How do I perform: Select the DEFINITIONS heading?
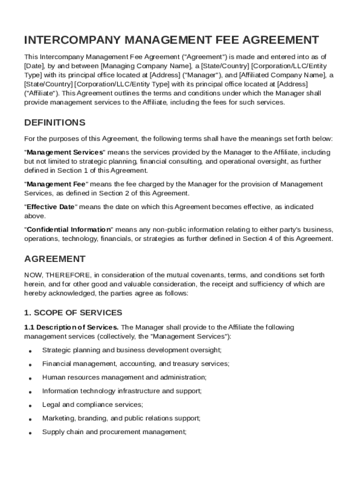point(55,123)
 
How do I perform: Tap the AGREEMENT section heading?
point(55,259)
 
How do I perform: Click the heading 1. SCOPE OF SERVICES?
point(73,312)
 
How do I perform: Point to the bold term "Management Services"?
point(65,152)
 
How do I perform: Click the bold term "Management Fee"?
point(56,184)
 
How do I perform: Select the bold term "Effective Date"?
point(50,207)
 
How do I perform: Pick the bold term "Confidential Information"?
point(69,230)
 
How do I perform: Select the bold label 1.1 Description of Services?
point(72,327)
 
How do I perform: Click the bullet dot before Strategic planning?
point(30,351)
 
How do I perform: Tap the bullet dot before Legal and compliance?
point(30,405)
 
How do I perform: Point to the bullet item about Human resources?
point(124,377)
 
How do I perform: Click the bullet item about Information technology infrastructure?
point(122,391)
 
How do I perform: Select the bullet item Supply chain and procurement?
point(114,432)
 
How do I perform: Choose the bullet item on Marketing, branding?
point(121,418)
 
